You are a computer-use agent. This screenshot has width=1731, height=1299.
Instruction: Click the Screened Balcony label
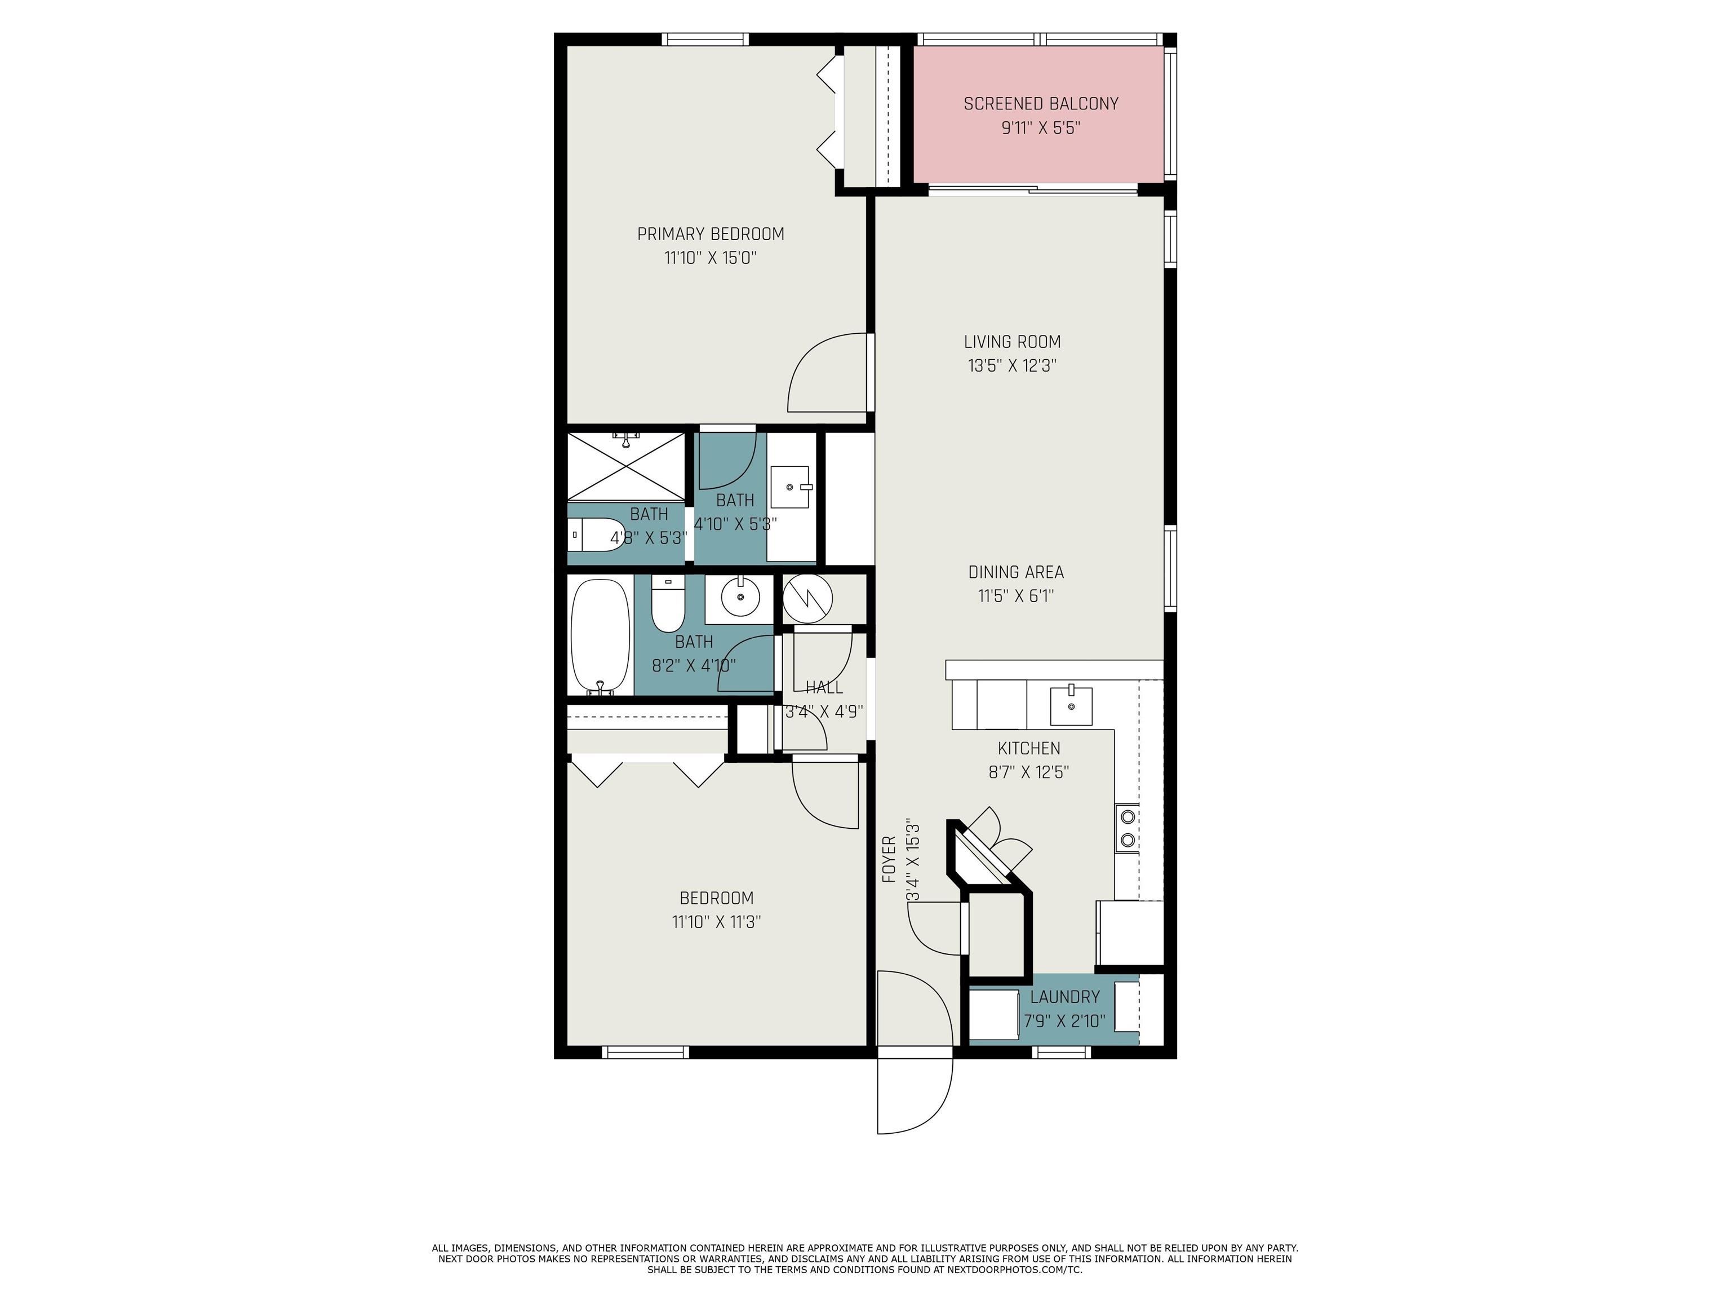tap(1041, 103)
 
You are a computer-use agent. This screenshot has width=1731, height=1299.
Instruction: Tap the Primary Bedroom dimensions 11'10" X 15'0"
tap(710, 258)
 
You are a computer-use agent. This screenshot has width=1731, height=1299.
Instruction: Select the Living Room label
tap(1012, 342)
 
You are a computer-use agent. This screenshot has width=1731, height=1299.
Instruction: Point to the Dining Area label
tap(1016, 572)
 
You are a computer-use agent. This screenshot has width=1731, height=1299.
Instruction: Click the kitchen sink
tap(1069, 705)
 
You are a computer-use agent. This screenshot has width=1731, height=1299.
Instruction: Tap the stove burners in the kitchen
tap(1128, 828)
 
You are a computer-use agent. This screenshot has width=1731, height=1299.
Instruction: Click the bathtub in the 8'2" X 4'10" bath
tap(600, 636)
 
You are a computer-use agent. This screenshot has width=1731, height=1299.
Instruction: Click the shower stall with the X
tap(626, 466)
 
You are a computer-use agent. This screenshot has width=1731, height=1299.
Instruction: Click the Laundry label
tap(1064, 997)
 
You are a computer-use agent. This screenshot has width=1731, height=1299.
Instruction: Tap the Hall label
tap(824, 687)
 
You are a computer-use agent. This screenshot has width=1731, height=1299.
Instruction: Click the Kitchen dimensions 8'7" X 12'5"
tap(1028, 772)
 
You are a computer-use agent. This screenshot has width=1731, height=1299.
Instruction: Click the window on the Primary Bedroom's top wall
tap(705, 39)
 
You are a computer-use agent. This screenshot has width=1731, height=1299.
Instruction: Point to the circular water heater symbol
tap(807, 599)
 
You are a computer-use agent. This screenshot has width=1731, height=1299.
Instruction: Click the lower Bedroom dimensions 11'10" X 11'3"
tap(716, 922)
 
